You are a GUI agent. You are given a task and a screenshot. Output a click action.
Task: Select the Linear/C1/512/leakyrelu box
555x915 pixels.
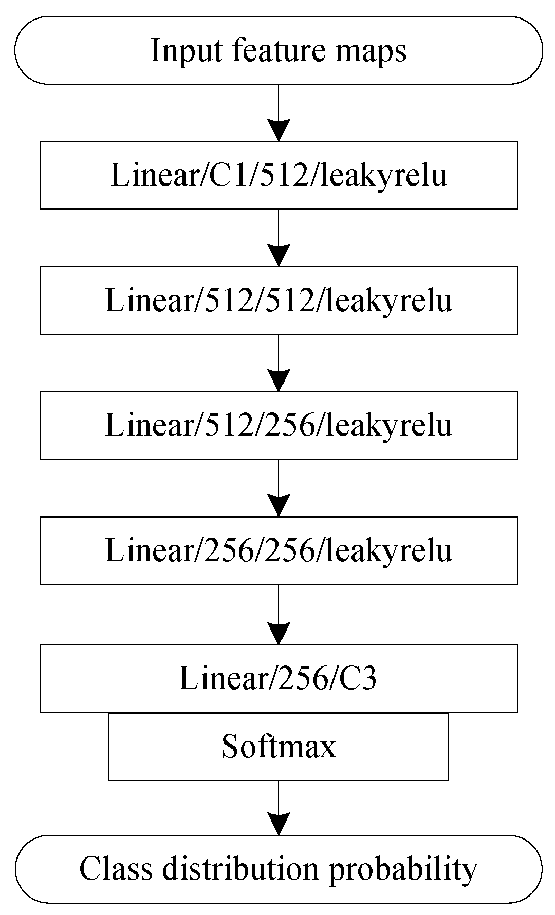coord(279,175)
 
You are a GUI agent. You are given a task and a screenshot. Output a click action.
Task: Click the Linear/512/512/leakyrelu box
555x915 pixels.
coord(279,300)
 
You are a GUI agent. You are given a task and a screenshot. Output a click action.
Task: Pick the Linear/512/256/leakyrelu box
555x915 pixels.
coord(279,425)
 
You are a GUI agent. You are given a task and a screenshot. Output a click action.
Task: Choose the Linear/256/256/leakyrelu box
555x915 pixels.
coord(279,550)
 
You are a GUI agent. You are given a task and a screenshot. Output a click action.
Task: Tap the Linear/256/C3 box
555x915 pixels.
coord(279,678)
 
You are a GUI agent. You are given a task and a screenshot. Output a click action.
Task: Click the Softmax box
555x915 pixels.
coord(279,747)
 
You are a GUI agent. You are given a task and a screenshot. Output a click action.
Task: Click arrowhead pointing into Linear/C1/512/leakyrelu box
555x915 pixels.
coord(279,130)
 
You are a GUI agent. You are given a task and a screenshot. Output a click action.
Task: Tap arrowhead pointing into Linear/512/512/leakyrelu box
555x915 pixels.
coord(279,255)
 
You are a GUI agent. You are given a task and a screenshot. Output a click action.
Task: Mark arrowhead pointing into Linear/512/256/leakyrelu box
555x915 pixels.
coord(279,380)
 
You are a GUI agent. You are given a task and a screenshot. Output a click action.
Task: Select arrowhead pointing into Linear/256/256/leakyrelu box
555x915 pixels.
coord(279,505)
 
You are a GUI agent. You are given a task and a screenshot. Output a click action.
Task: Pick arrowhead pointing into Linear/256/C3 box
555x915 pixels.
coord(279,634)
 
